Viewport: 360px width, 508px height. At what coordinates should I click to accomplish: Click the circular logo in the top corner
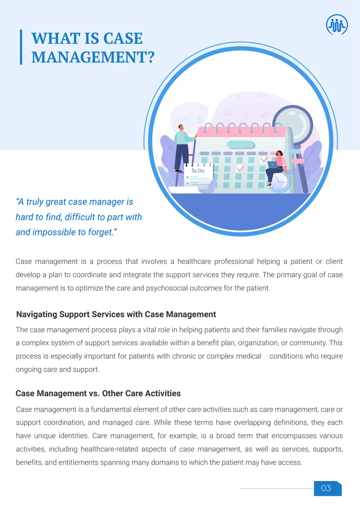pos(337,25)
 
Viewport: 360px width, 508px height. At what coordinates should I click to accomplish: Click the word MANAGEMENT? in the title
pos(93,57)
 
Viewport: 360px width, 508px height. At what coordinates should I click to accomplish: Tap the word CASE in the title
pos(123,38)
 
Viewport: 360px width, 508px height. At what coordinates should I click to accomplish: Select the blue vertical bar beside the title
pos(21,47)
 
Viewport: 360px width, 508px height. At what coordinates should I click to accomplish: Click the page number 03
pos(326,488)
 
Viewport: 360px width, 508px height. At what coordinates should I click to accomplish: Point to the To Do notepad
pos(198,175)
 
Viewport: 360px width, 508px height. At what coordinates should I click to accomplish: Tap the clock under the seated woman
pos(279,183)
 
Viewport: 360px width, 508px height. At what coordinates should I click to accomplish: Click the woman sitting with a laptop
pos(277,167)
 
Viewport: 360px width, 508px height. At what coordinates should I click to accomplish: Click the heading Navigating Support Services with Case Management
pos(116,314)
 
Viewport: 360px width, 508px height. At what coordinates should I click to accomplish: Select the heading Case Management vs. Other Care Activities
pos(98,393)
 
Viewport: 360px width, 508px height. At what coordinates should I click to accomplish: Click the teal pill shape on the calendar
pos(241,145)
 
